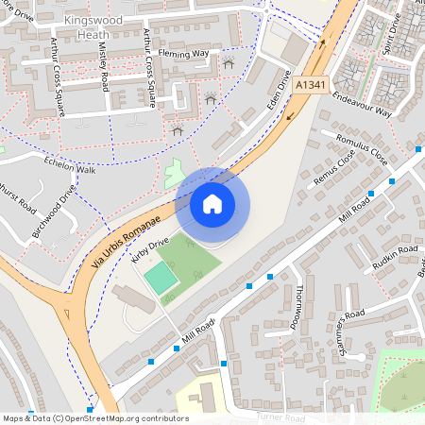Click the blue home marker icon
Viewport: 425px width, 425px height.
212,203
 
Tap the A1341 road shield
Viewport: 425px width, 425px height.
311,84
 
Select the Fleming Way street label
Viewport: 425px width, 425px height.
183,54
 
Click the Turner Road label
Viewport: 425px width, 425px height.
283,416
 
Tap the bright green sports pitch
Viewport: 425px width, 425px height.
160,278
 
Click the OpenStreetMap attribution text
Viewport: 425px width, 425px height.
95,418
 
